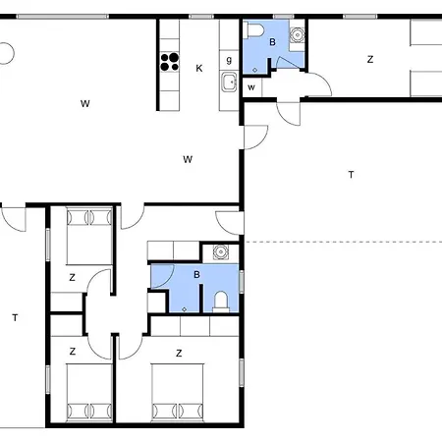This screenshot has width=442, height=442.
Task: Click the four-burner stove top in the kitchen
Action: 170,62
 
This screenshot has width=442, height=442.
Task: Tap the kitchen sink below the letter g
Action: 229,82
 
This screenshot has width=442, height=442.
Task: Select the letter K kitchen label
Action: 199,69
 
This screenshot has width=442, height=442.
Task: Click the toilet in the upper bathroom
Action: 255,29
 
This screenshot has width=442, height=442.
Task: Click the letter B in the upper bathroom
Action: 272,42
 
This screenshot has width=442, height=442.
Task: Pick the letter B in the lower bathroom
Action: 196,275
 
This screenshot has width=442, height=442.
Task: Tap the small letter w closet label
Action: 251,87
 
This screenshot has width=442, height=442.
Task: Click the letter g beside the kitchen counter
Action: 229,60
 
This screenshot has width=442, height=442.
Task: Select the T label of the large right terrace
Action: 352,175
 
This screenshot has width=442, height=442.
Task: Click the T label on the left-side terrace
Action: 15,317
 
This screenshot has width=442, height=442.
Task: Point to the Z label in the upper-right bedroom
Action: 370,60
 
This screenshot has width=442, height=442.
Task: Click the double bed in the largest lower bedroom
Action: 178,392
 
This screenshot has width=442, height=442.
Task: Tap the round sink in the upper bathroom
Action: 297,34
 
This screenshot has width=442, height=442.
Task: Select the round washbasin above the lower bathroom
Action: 221,251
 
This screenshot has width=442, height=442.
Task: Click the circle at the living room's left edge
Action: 6,53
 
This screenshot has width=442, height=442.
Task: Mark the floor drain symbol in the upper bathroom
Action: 254,70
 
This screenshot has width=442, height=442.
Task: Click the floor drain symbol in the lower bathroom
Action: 185,309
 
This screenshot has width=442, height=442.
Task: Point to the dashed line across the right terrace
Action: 344,242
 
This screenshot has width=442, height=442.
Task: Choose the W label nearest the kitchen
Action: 188,159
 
